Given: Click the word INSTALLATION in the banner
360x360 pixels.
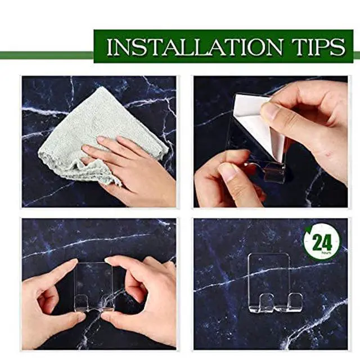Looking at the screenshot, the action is coord(195,47).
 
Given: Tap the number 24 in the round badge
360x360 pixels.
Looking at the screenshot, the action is coord(322,242).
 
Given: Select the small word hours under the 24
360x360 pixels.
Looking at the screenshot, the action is coord(326,253).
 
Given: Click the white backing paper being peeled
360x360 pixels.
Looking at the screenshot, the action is coord(259,124).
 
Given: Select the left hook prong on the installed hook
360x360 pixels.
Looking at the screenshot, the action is coord(265,301).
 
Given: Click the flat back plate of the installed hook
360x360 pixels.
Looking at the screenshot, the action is coord(269,273).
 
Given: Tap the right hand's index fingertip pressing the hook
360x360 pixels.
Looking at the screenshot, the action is coord(109,260).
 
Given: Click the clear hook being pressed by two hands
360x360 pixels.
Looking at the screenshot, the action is coord(94,287).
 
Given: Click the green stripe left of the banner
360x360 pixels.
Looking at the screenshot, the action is coord(47,55).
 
